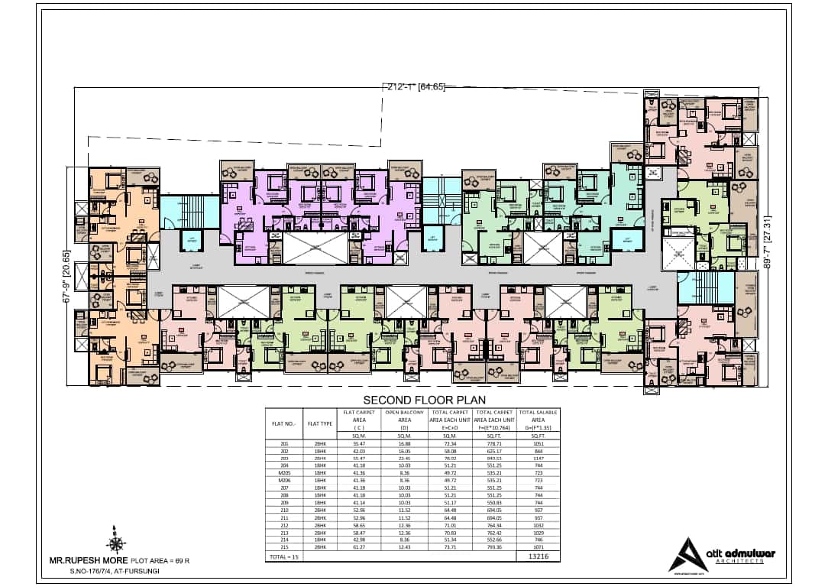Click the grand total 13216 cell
(539, 556)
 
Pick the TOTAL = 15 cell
(283, 556)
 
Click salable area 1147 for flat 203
(539, 459)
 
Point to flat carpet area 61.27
(359, 548)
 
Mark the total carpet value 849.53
(495, 459)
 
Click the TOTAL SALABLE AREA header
(539, 416)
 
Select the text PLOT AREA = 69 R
(160, 561)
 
